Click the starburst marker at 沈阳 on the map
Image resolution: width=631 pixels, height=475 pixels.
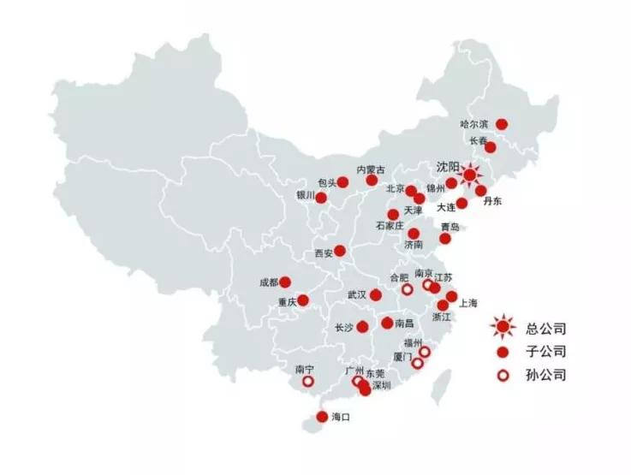469,175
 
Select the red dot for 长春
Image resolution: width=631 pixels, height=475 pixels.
491,147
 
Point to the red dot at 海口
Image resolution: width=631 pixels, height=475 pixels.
322,417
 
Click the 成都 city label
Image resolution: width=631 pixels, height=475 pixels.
268,282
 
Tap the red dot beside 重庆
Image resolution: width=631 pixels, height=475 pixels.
303,300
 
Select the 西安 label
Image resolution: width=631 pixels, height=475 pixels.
322,253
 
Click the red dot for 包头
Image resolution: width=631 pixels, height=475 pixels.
342,181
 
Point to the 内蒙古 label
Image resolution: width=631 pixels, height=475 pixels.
370,169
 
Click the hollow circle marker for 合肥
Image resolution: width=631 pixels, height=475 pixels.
408,290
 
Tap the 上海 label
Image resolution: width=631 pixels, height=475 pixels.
468,303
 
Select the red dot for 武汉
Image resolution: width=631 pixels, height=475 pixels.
376,294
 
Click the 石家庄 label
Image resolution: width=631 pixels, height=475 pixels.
390,227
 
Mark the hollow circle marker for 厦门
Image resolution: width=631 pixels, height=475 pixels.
417,363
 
